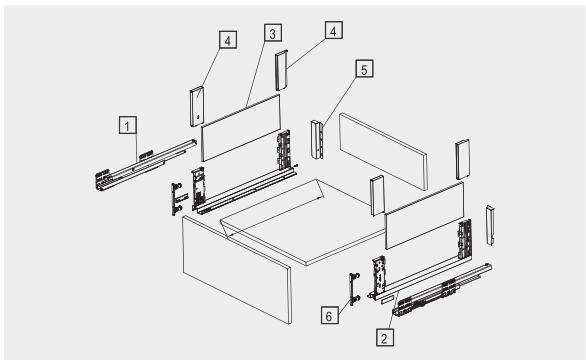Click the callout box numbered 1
pos(128,125)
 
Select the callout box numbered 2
pos(385,337)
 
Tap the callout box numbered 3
pos(273,33)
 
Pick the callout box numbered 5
pos(364,69)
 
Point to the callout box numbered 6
pos(330,315)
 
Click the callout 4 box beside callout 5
pos(333,30)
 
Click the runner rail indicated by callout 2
pos(442,290)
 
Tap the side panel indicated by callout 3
pos(241,127)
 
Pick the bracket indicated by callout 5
pos(317,139)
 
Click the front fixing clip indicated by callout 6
pos(354,289)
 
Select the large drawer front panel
pos(237,269)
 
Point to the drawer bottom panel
pos(303,222)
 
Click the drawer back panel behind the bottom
pos(383,151)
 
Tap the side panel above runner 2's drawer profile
pos(425,215)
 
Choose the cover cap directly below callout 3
pos(282,70)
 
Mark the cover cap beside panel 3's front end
pos(197,107)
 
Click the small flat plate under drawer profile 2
pos(388,299)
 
